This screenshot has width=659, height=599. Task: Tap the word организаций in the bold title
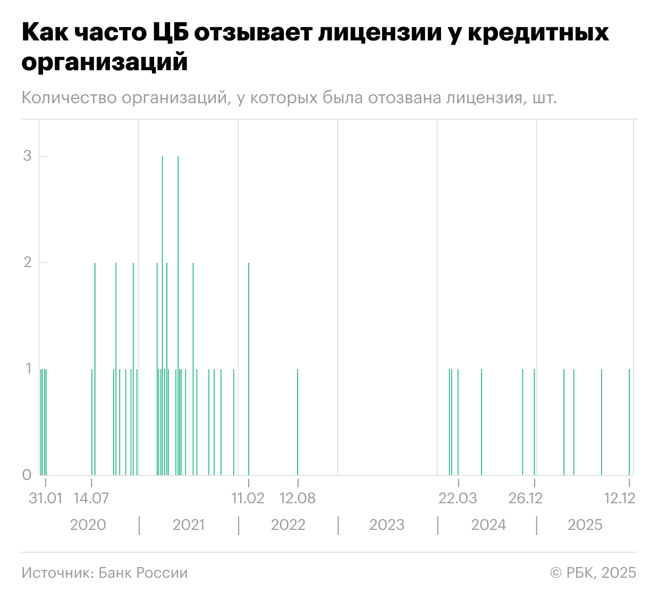[105, 62]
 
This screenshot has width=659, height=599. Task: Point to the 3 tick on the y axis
[27, 156]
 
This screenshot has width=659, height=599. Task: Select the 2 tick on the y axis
[27, 262]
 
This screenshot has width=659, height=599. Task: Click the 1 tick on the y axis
[28, 369]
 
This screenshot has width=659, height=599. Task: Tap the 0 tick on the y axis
[27, 475]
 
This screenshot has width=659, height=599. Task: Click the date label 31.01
[45, 498]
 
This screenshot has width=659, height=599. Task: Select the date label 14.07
[91, 498]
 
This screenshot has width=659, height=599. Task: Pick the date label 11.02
[248, 498]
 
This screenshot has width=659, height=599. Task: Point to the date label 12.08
[297, 498]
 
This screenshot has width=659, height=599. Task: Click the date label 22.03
[458, 498]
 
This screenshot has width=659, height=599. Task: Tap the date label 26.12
[525, 498]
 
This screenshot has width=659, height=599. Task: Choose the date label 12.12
[620, 498]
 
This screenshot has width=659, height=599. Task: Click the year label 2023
[387, 525]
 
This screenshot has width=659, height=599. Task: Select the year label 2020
[88, 525]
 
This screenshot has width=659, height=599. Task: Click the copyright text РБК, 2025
[601, 573]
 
